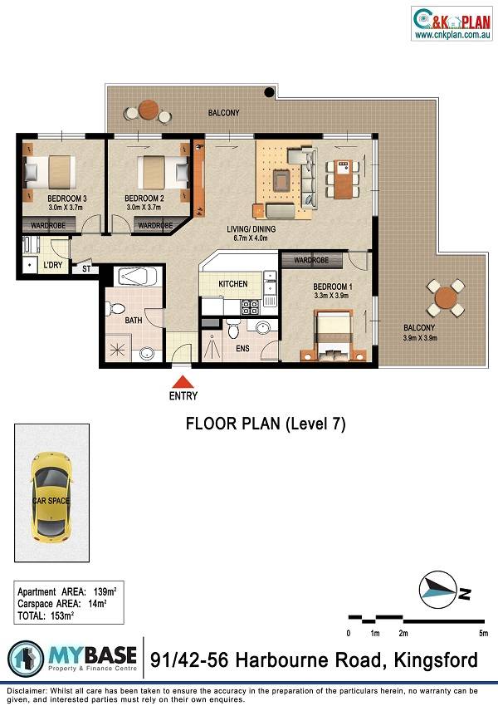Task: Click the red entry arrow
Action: (183, 382)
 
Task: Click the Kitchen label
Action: (233, 284)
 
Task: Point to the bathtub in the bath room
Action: (138, 276)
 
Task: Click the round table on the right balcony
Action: (447, 297)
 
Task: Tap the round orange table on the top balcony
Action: (149, 110)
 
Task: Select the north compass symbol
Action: (435, 590)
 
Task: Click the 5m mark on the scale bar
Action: (484, 633)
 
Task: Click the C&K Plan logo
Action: (452, 23)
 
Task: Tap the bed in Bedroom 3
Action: (50, 172)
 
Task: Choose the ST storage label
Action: (86, 269)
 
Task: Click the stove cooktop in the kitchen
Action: (250, 307)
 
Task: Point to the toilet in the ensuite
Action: (233, 329)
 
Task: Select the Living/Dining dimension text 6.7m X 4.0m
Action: (251, 238)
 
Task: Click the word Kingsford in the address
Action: (436, 660)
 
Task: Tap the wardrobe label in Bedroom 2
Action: (155, 225)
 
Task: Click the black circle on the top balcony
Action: (269, 92)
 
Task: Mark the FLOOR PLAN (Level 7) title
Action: (266, 424)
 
